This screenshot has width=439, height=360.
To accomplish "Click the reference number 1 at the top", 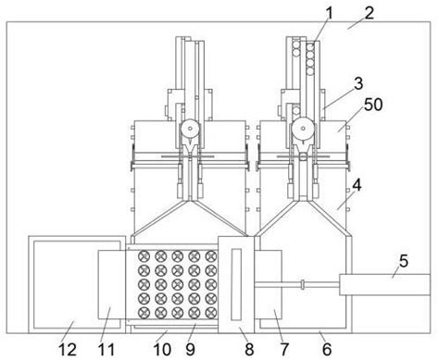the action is [330, 14].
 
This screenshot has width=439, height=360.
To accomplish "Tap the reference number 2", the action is [369, 13].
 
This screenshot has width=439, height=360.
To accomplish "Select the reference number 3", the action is [358, 83].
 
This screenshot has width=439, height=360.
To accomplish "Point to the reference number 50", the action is [373, 105].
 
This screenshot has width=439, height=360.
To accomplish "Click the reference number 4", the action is [357, 186].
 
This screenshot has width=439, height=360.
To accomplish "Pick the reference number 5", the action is [404, 261].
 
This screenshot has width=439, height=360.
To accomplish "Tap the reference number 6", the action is [327, 349].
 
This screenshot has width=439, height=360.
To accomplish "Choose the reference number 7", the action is [284, 349].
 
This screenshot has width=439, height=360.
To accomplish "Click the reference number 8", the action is [249, 349].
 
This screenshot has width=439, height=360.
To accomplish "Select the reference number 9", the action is [190, 349].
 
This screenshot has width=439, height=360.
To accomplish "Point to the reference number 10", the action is [162, 349].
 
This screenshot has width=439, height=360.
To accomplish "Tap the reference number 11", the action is [107, 349].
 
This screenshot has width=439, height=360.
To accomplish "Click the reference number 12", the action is [68, 349].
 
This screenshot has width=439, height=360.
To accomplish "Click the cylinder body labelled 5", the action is [384, 284].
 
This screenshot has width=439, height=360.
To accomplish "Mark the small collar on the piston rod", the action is [303, 284].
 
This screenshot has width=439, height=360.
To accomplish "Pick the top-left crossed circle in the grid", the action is [144, 256].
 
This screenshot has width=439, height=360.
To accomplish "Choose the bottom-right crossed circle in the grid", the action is [211, 313].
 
